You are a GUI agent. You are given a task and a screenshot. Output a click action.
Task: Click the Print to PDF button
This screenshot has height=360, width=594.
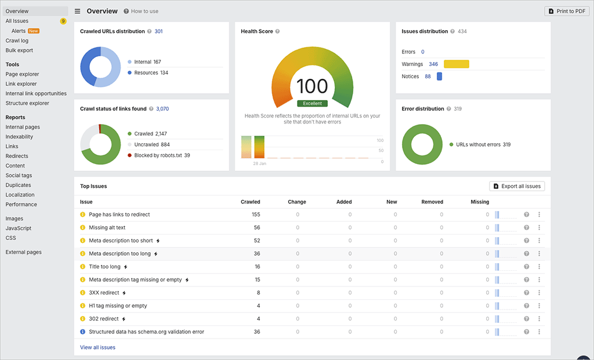click(x=567, y=11)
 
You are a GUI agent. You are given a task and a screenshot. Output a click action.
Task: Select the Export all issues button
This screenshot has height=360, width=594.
click(x=517, y=186)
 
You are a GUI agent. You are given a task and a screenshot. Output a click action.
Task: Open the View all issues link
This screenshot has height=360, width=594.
click(x=97, y=347)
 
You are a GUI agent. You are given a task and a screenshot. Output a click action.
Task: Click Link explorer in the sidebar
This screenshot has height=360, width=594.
click(x=21, y=84)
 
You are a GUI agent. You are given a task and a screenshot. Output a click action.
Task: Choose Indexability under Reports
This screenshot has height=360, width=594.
click(x=19, y=137)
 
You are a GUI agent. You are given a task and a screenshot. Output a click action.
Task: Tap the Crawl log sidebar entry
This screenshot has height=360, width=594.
click(x=17, y=41)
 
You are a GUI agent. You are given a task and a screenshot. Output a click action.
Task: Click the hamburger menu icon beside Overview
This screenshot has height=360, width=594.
click(x=78, y=11)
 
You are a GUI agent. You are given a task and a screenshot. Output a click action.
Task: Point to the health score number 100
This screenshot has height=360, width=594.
click(x=312, y=86)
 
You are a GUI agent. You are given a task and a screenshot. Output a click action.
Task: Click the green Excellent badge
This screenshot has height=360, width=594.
click(x=312, y=103)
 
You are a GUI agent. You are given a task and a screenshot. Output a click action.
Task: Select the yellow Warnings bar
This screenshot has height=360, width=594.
click(x=457, y=64)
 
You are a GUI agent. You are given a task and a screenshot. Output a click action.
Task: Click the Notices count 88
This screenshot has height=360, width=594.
click(x=428, y=77)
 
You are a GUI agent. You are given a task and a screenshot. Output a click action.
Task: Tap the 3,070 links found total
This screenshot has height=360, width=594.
click(x=162, y=108)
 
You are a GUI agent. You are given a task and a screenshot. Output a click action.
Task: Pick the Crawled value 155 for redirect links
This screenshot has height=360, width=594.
click(x=256, y=214)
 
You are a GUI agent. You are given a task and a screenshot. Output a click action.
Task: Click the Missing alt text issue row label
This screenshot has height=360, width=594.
click(x=107, y=228)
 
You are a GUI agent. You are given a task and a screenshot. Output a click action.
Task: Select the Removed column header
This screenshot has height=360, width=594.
click(x=432, y=202)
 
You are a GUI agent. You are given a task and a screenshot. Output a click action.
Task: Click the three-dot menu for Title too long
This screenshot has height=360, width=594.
click(x=539, y=267)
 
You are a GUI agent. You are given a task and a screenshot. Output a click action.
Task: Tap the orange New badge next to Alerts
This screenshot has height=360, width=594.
click(x=34, y=31)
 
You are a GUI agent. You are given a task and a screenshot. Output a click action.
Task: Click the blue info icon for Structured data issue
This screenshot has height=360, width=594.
click(x=82, y=332)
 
